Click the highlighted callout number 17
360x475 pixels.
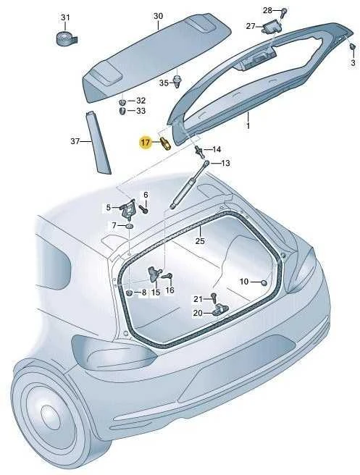pos(146,142)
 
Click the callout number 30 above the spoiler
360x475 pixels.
pos(158,16)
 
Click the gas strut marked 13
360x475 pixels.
pos(190,185)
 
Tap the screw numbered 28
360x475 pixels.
pos(284,13)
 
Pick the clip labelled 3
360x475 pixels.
pos(352,49)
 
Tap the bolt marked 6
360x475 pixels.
pos(143,209)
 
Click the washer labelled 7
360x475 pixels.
pos(130,226)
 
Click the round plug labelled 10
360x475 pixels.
pos(264,282)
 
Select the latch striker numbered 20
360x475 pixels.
pos(220,310)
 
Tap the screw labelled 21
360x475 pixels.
pos(214,298)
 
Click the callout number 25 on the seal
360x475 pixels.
pos(200,241)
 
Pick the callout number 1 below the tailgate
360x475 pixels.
pos(248,125)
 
